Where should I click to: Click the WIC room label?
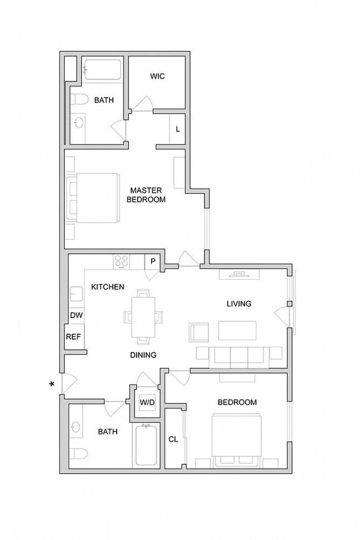[x=157, y=76]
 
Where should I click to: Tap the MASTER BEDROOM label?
[x=146, y=195]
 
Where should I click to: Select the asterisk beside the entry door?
[x=52, y=384]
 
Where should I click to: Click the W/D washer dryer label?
[x=147, y=402]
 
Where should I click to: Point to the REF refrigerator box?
[x=73, y=337]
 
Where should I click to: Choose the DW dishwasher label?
[x=76, y=315]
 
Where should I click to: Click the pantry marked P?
[x=153, y=262]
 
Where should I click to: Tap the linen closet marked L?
[x=177, y=129]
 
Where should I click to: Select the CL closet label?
[x=173, y=439]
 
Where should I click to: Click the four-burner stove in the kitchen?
[x=122, y=262]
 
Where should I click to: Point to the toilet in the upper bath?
[x=78, y=100]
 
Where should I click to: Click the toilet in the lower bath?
[x=78, y=452]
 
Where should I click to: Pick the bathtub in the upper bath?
[x=102, y=70]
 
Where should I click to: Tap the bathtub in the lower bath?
[x=146, y=445]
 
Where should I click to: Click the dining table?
[x=143, y=317]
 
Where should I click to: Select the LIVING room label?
[x=239, y=304]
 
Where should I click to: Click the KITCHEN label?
[x=107, y=287]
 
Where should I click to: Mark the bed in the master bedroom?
[x=93, y=198]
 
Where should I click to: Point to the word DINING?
[x=143, y=355]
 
